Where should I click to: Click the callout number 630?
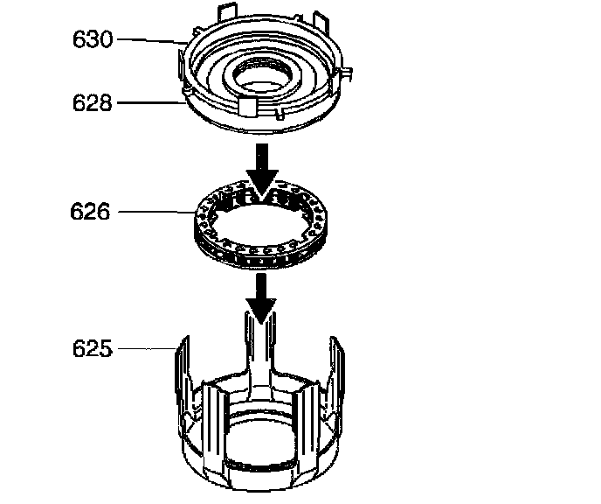(x=93, y=39)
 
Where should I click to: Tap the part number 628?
(x=93, y=103)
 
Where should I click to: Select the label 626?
(x=90, y=211)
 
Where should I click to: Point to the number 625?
(x=93, y=348)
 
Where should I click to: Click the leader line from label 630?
(x=152, y=40)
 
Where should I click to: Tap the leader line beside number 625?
(x=147, y=348)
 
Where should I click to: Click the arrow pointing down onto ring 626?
(x=262, y=171)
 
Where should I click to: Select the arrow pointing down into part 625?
(x=261, y=298)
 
